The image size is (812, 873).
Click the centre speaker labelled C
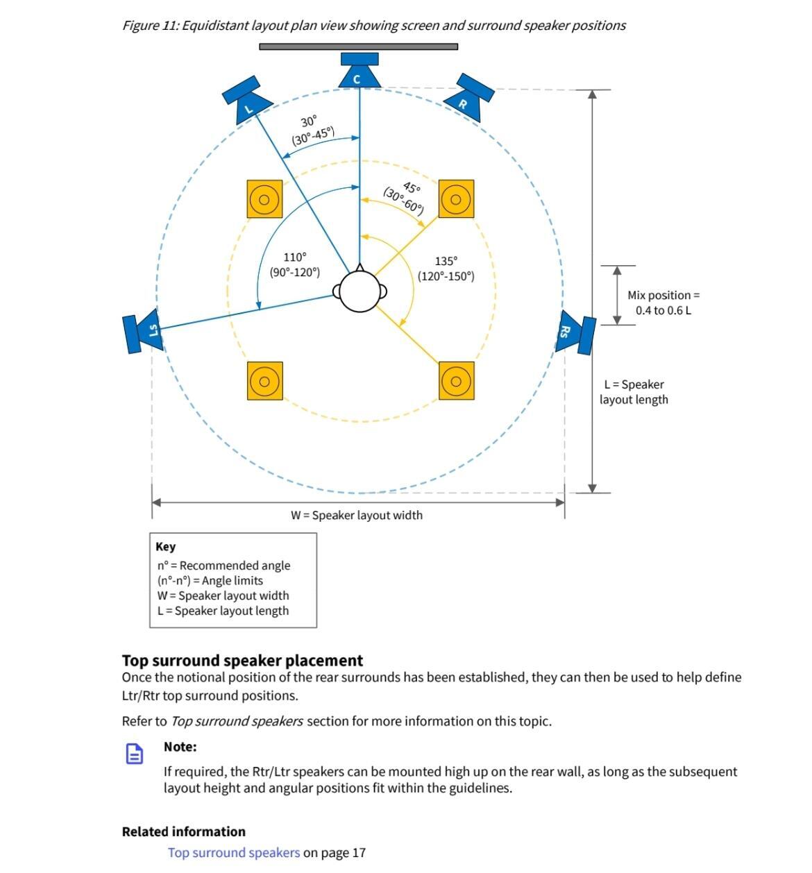coord(360,71)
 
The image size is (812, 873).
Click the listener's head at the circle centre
coord(360,291)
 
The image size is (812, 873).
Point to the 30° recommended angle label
coord(309,120)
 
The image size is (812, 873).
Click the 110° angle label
coord(294,257)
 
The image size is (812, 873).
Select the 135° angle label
coord(446,261)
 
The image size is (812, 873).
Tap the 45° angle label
coord(412,188)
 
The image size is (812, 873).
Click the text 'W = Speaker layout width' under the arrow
coord(356,515)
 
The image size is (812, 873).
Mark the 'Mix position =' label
coord(663,295)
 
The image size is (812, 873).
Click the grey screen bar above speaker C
coord(358,46)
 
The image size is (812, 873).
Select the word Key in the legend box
coord(166,547)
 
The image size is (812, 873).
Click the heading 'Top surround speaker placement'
coord(242,660)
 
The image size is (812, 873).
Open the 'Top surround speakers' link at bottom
coord(234,852)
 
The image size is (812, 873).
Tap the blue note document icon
coord(135,754)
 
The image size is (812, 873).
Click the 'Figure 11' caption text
coord(373,26)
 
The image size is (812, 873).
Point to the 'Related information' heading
coord(184,831)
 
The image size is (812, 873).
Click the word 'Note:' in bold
coord(180,747)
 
